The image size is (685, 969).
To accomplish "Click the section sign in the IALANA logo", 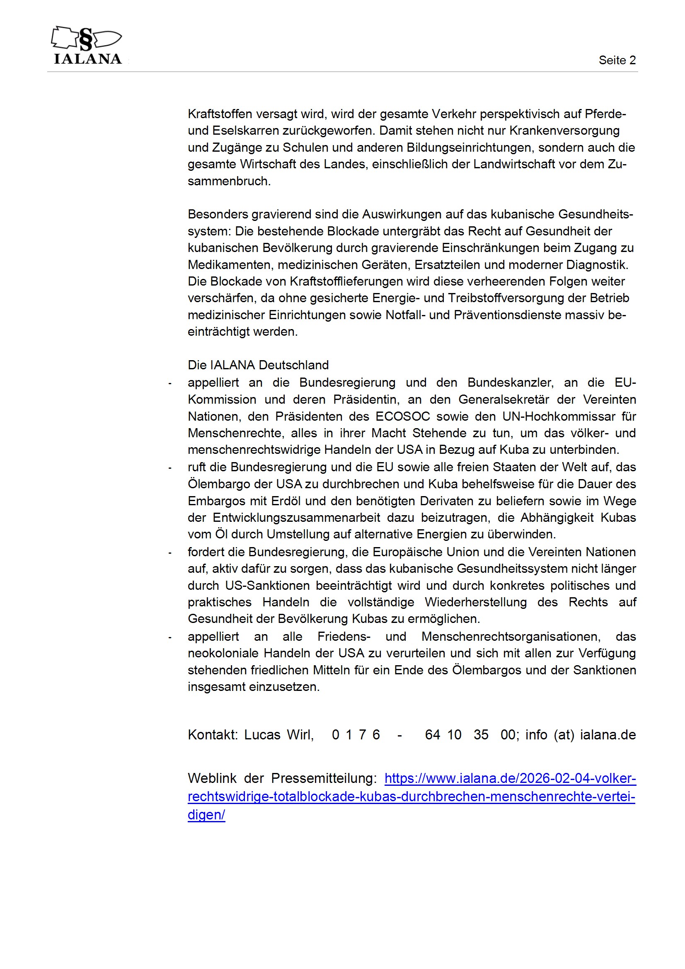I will pos(86,39).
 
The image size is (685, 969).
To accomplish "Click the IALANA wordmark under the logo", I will pos(88,59).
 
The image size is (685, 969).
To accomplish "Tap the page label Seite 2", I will pos(617,61).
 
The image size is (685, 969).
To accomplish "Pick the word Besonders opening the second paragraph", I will pos(218,214).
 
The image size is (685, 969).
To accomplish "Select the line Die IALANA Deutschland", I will pos(258,365).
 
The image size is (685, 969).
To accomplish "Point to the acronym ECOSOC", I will pos(402,417).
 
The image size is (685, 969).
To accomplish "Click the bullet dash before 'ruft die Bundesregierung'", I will pos(169,468).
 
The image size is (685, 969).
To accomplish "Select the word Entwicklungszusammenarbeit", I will pos(296,518).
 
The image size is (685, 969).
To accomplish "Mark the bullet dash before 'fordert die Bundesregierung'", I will pos(169,553).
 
